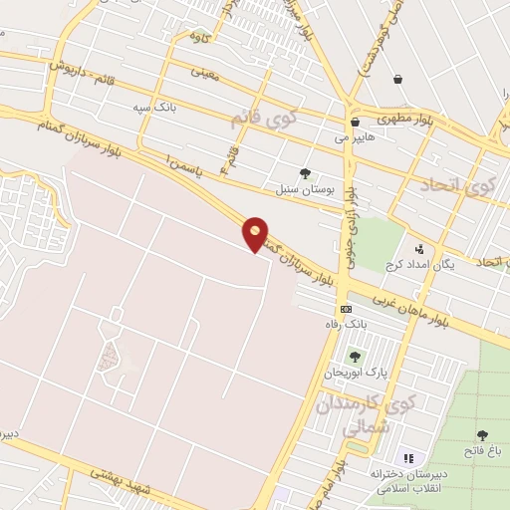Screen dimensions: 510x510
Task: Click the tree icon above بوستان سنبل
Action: click(305, 172)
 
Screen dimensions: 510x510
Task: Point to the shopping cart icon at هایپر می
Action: click(355, 122)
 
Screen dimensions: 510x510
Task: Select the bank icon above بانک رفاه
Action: click(346, 310)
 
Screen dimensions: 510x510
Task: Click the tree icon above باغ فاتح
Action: click(482, 435)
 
